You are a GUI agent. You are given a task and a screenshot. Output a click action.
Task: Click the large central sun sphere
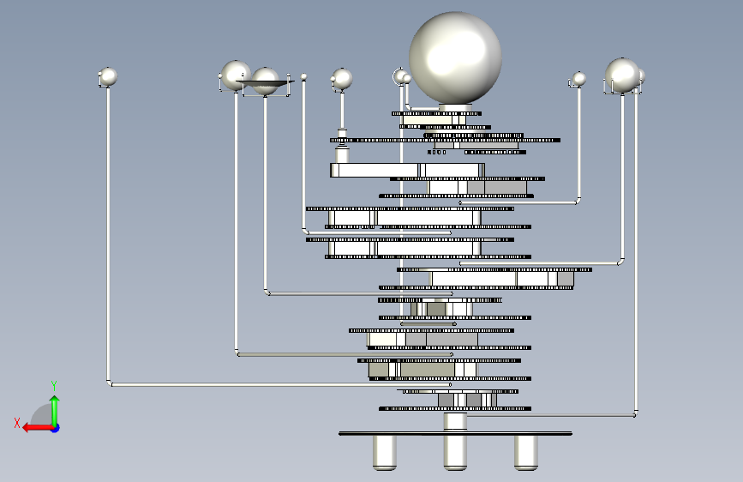(x=454, y=58)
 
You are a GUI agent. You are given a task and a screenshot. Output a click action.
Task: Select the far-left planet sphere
(x=108, y=77)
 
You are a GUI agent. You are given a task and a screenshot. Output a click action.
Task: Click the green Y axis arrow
(x=54, y=407)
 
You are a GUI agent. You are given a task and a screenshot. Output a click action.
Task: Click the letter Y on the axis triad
(x=54, y=385)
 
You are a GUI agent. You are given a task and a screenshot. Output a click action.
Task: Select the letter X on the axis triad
(x=17, y=422)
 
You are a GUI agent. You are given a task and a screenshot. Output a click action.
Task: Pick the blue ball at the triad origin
(x=55, y=427)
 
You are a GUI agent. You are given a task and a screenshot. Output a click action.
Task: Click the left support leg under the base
(x=385, y=452)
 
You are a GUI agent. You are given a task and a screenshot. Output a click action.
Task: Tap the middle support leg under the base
(x=455, y=452)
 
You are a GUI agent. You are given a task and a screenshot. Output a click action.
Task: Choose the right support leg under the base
(x=525, y=452)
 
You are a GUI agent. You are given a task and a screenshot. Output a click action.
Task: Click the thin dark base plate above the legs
(x=455, y=433)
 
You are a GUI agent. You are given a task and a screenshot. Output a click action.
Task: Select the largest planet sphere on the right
(x=622, y=75)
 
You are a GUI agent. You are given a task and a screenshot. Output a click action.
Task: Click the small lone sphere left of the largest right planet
(x=579, y=79)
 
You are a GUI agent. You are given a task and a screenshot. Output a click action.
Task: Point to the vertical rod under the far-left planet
(x=108, y=232)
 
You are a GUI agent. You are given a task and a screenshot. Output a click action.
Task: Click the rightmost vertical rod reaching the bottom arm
(x=635, y=257)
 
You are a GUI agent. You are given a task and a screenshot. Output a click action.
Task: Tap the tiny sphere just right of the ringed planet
(x=303, y=77)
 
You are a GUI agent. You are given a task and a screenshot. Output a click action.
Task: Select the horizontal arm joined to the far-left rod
(x=283, y=384)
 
